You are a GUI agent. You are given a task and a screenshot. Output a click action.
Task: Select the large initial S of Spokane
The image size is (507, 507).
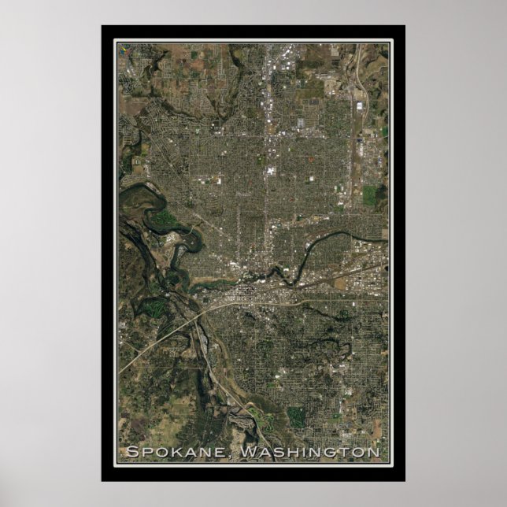133,452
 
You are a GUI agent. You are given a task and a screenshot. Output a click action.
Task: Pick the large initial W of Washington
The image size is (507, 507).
252,452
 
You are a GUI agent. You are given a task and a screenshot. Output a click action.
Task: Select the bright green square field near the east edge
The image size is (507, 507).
370,194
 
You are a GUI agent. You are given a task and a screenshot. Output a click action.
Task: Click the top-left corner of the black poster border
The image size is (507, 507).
102,26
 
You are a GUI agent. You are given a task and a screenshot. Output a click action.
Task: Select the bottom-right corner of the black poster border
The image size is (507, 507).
404,480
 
